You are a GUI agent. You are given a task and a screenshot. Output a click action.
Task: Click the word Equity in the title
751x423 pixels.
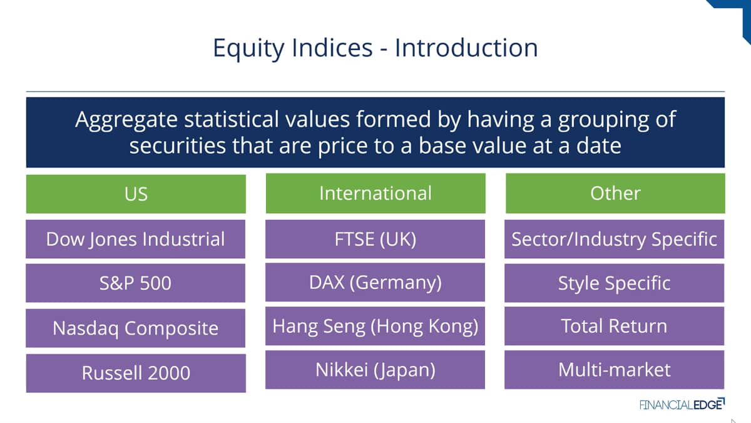pos(248,48)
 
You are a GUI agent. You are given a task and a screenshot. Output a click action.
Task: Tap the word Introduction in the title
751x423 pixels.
pos(466,48)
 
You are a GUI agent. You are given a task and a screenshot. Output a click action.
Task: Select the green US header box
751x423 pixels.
pos(136,194)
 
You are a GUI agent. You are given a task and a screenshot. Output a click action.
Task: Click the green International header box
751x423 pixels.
pos(375,193)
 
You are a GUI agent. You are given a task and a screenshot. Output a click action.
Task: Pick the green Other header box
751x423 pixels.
pos(615,193)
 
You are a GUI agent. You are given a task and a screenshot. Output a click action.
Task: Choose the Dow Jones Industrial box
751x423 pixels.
pos(135,239)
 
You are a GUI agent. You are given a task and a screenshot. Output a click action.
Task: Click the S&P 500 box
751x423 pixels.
pos(135,283)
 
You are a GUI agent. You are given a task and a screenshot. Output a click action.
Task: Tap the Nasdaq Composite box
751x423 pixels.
pos(135,328)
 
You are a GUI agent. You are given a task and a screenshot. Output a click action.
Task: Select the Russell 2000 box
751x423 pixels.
pos(136,373)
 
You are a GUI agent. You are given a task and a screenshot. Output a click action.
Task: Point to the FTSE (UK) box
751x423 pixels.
pos(375,239)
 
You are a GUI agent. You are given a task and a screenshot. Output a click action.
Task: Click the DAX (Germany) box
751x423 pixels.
pos(375,283)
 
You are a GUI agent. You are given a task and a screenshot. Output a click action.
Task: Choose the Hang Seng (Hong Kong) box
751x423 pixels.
pos(375,326)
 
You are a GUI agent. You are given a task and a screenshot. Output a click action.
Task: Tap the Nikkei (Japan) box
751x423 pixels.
pos(375,370)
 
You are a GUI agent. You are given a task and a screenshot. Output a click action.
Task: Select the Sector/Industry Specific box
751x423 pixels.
pos(614,239)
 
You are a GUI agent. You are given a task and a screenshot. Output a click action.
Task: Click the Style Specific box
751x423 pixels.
pos(614,283)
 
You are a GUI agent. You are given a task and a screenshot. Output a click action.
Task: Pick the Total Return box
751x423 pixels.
pos(614,326)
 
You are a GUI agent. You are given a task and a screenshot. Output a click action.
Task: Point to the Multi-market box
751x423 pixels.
pos(614,370)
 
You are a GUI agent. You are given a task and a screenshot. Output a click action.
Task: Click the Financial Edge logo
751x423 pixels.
pos(682,404)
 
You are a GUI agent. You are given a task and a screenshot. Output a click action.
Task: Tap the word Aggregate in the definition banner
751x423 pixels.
pos(126,120)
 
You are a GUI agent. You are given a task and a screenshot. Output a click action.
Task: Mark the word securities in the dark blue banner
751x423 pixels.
pos(178,146)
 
